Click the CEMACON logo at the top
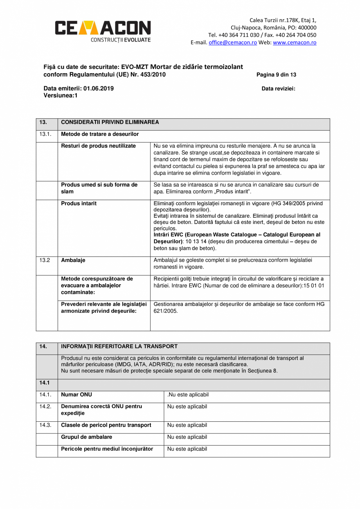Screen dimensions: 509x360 click(x=103, y=30)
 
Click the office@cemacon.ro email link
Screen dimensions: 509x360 click(x=232, y=43)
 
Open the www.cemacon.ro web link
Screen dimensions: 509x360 click(x=294, y=43)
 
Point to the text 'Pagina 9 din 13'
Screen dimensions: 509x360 click(x=276, y=75)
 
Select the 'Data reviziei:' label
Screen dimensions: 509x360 click(x=278, y=89)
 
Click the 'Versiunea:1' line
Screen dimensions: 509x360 click(x=61, y=95)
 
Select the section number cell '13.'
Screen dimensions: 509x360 click(x=43, y=123)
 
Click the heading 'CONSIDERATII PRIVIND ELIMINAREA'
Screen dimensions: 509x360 click(x=110, y=123)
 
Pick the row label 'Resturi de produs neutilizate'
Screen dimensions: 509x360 click(x=98, y=146)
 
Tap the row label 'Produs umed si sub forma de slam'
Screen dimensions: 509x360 click(x=99, y=188)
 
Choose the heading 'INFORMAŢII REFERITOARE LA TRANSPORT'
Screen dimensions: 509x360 click(x=119, y=347)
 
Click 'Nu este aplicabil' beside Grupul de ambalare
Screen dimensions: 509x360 click(x=187, y=437)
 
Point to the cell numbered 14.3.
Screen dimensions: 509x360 click(x=45, y=425)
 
